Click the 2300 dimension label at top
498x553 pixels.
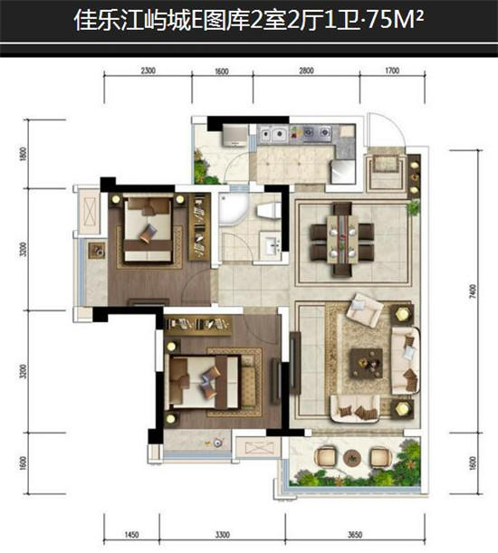(x=148, y=71)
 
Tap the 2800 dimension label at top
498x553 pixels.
(x=306, y=71)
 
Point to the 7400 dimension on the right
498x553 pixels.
(x=473, y=291)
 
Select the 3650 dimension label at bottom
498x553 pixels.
(x=355, y=535)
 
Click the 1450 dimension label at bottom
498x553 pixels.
(x=131, y=535)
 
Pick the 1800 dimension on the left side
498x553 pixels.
(x=24, y=154)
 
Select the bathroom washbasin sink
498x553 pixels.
(x=271, y=244)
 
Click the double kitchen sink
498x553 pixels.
(x=273, y=134)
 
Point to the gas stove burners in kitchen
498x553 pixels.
(x=317, y=133)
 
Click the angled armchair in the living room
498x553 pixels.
(x=365, y=310)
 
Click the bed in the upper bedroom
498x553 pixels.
(x=148, y=230)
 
